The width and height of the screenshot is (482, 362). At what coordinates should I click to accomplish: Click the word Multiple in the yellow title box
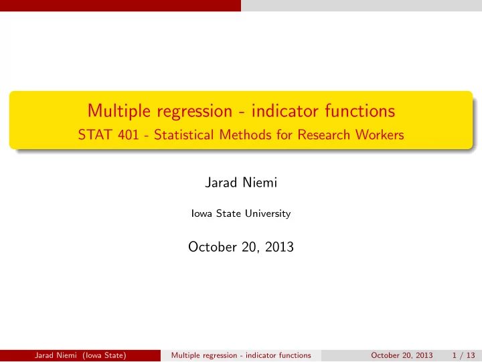[x=119, y=111]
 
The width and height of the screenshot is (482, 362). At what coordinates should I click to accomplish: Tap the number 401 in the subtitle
[x=129, y=135]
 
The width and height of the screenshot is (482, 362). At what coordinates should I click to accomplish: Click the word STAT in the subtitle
[x=96, y=135]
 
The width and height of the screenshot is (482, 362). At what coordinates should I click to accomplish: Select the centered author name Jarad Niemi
[x=241, y=183]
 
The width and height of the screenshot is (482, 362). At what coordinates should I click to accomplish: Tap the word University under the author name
[x=268, y=213]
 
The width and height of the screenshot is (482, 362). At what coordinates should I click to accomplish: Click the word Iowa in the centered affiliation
[x=202, y=213]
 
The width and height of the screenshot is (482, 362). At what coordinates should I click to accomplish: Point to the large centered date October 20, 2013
[x=241, y=247]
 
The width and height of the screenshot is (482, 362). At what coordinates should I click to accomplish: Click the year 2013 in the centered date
[x=279, y=247]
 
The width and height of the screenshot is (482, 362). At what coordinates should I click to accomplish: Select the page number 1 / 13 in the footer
[x=463, y=355]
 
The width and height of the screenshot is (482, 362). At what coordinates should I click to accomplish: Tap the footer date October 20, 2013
[x=402, y=355]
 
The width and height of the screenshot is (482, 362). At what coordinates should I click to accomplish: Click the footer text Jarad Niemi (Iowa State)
[x=80, y=355]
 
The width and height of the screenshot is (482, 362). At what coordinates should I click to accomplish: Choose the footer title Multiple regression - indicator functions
[x=241, y=355]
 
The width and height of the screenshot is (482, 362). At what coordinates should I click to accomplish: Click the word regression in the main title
[x=195, y=112]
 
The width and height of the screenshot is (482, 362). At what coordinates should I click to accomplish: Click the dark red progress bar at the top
[x=120, y=5]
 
